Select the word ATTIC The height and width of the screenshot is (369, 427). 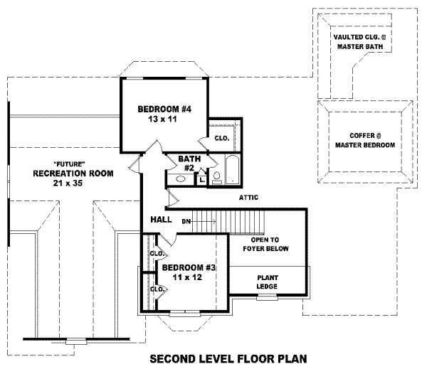click(248, 198)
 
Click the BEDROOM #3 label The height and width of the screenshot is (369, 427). click(189, 267)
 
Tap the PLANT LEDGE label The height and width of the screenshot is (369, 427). click(268, 282)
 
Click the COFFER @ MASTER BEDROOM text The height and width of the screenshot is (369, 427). click(365, 139)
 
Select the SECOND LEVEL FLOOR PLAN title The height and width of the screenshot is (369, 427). click(226, 358)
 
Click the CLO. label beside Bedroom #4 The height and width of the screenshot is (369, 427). click(221, 138)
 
